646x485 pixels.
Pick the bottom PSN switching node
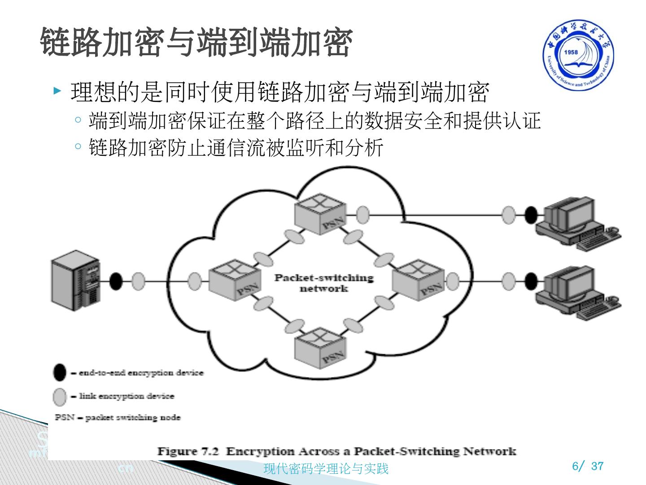pos(320,347)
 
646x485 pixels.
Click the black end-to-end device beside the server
pos(116,282)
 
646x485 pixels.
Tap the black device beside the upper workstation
pos(531,215)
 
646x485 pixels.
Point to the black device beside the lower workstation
pos(531,282)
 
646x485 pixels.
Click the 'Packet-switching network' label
pos(324,282)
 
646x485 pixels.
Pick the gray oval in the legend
pos(59,397)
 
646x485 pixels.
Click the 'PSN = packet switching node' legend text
pos(118,418)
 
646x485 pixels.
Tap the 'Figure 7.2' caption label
pos(188,451)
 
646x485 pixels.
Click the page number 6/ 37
pos(588,466)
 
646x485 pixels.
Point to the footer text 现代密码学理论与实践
pos(326,469)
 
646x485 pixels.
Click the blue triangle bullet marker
pos(57,92)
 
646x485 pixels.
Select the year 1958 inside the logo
pos(571,52)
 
